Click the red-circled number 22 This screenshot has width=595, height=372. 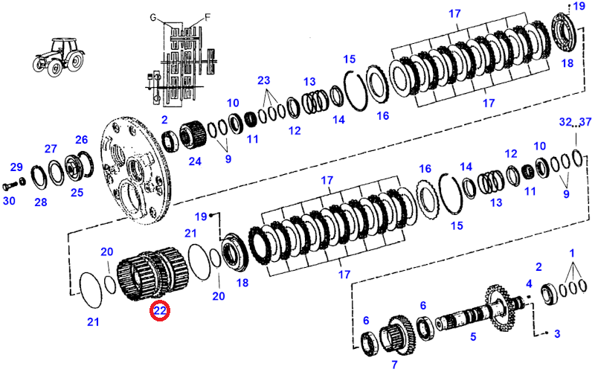[x=160, y=311]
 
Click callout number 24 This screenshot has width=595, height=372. [x=196, y=161]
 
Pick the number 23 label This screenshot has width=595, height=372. [x=264, y=80]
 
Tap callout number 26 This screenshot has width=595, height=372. [x=82, y=139]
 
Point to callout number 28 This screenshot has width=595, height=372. [x=41, y=202]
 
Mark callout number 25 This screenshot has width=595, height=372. [x=77, y=193]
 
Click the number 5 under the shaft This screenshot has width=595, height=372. [x=472, y=336]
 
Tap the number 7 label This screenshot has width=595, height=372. [x=395, y=364]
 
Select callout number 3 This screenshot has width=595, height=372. [x=557, y=334]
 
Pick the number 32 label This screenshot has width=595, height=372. [x=565, y=122]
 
